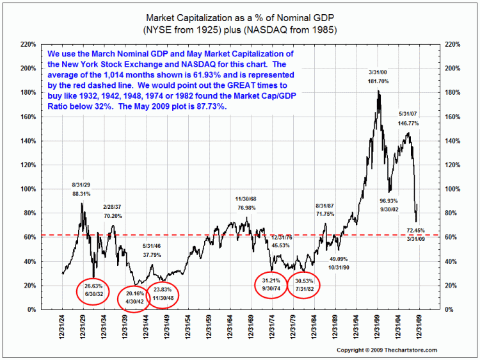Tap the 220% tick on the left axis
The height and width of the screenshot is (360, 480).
pos(27,44)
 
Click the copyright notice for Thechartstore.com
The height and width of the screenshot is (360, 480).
pos(387,350)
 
